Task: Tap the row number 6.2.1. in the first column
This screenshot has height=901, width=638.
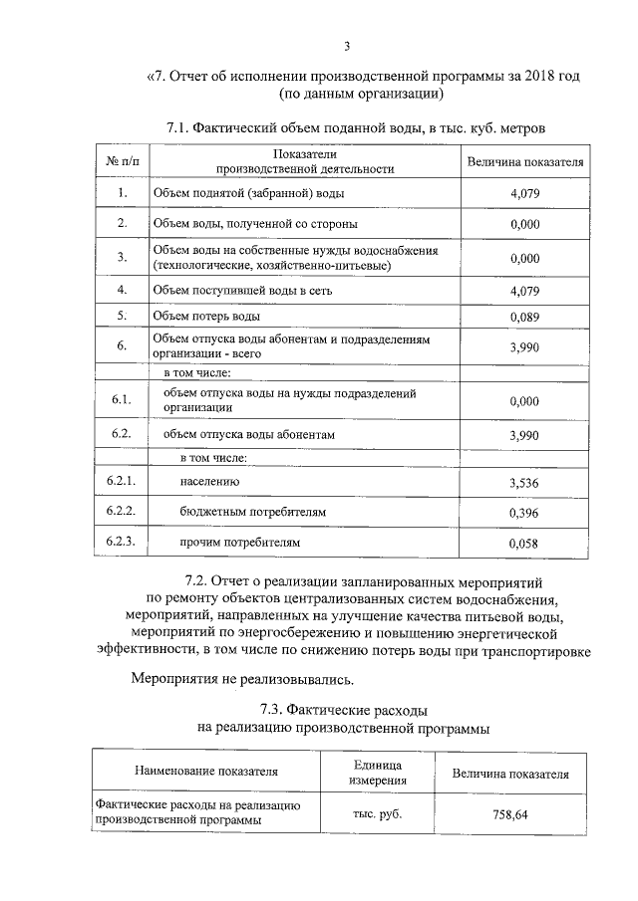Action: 122,482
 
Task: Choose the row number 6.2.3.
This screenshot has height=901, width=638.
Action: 122,543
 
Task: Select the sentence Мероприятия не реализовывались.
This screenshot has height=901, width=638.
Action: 242,680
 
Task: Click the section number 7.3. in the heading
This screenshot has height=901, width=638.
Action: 273,710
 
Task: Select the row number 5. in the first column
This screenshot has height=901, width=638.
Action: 122,317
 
